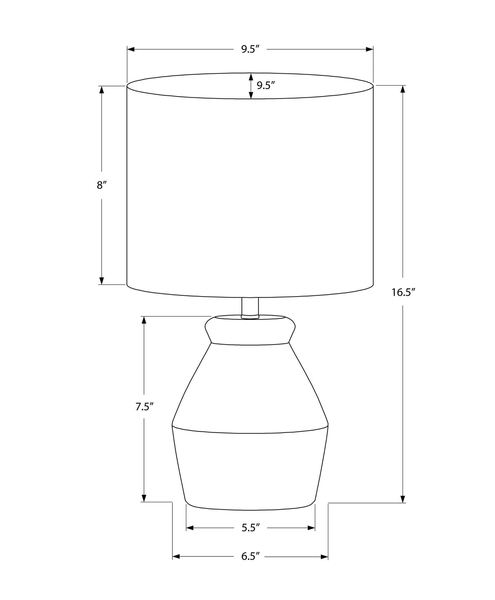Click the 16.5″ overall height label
tap(403, 292)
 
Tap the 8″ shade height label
tap(102, 185)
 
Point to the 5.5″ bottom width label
tap(250, 528)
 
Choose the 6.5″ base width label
tap(250, 556)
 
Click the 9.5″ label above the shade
tap(250, 49)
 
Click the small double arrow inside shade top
tap(251, 86)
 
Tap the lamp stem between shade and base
tap(250, 307)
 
